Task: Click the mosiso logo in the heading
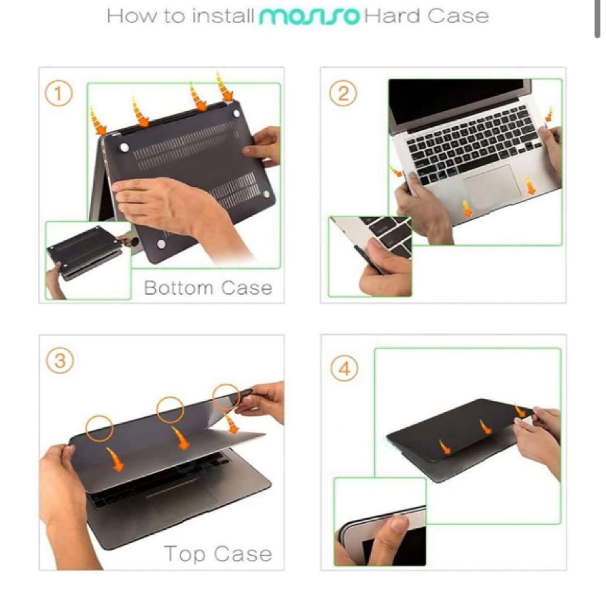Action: point(309,16)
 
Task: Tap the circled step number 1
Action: point(59,93)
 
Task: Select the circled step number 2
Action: point(343,93)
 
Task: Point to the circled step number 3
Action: point(60,360)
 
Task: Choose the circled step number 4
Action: point(344,368)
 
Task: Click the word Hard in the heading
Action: point(392,16)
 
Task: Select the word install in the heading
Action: point(223,16)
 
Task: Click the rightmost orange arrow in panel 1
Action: point(225,85)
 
